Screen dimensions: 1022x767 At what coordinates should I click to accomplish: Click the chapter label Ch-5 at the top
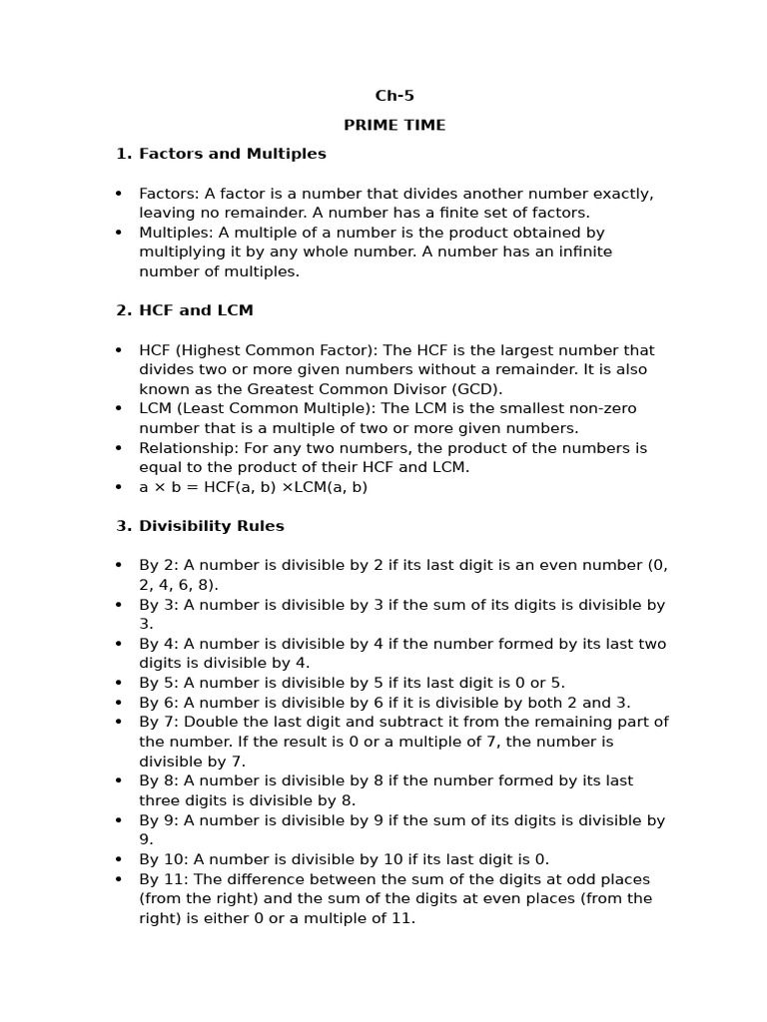(x=394, y=96)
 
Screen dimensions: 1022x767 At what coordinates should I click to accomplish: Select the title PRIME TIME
(x=394, y=125)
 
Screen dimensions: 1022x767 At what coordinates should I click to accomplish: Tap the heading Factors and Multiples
(x=232, y=154)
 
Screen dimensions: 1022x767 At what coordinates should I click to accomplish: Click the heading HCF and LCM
(x=196, y=310)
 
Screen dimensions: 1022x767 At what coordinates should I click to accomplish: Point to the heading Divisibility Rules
(x=211, y=526)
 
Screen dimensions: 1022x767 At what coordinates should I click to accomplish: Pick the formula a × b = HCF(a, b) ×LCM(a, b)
(x=253, y=487)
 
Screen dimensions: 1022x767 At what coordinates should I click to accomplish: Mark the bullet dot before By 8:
(x=119, y=781)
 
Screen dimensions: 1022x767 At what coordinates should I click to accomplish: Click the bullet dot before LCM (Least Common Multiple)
(x=119, y=409)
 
